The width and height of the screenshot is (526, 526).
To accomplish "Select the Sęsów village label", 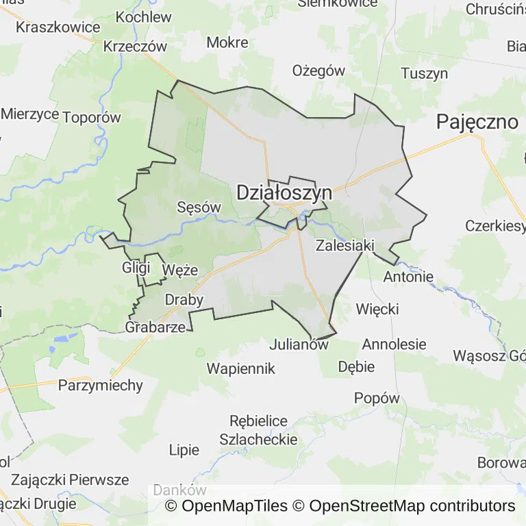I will tap(199, 207).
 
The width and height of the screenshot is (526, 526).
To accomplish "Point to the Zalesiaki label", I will tap(344, 245).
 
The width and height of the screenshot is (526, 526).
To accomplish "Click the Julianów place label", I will tap(299, 345).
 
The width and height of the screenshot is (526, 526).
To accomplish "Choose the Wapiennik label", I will tap(241, 368).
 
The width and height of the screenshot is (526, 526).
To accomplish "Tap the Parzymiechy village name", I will tap(101, 385).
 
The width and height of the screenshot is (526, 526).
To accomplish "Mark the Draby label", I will tap(184, 300).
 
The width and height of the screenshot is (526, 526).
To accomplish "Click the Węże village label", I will tap(180, 271).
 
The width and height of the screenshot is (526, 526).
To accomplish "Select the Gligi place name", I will tap(136, 267).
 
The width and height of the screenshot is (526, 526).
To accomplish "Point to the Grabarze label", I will tap(155, 327).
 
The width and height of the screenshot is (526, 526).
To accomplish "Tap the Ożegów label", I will tap(318, 71).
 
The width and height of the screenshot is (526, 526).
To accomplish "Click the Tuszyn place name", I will tap(424, 74).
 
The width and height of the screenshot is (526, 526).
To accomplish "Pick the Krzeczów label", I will tap(136, 47).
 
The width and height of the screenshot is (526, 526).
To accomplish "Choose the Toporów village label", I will tap(91, 117).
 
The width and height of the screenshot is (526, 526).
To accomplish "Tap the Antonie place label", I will tap(408, 277).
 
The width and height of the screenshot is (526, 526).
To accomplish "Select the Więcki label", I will tap(377, 309).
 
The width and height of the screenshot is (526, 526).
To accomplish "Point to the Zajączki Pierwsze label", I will tap(70, 479).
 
